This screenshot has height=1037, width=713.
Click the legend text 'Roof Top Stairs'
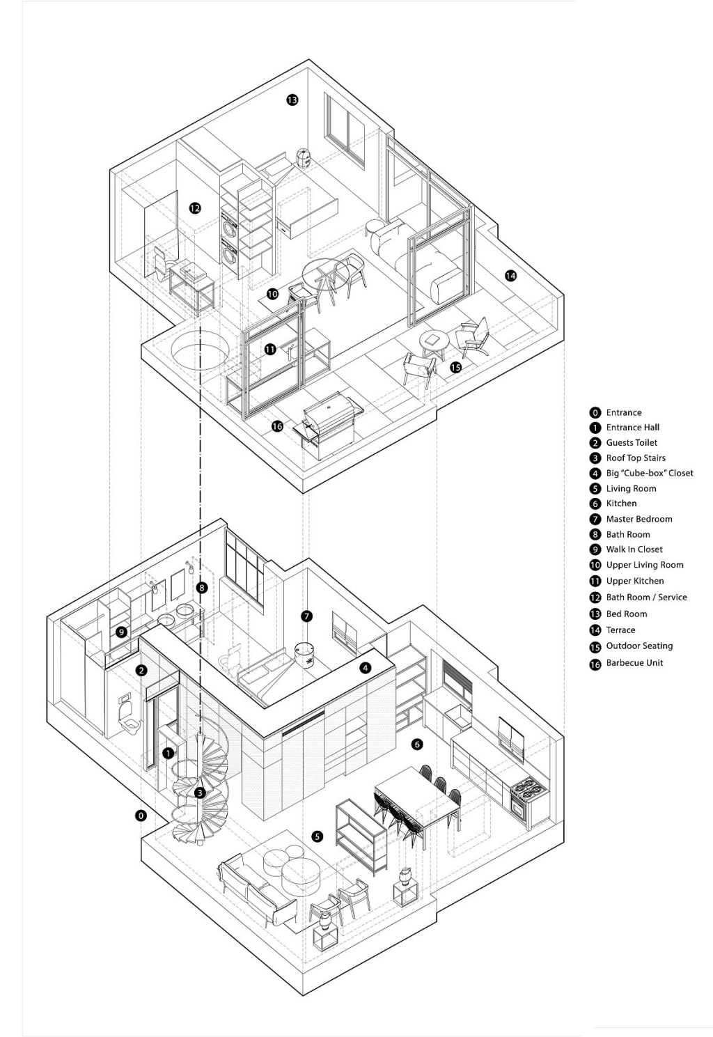[635, 458]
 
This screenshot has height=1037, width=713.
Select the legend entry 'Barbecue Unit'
[634, 663]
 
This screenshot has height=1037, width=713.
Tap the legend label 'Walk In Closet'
[634, 549]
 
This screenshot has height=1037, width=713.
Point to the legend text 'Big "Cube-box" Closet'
[649, 473]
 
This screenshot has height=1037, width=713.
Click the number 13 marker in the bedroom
[292, 100]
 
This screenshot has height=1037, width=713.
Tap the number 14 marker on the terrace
[510, 276]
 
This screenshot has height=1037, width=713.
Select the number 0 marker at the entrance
[141, 815]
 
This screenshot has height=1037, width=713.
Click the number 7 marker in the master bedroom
[307, 616]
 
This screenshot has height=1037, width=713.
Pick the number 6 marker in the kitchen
[417, 744]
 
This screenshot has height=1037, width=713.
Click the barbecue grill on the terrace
[328, 421]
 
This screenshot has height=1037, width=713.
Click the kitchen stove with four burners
[528, 800]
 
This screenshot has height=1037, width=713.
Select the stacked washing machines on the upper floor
[229, 240]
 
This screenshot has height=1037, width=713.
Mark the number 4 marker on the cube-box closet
[366, 668]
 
